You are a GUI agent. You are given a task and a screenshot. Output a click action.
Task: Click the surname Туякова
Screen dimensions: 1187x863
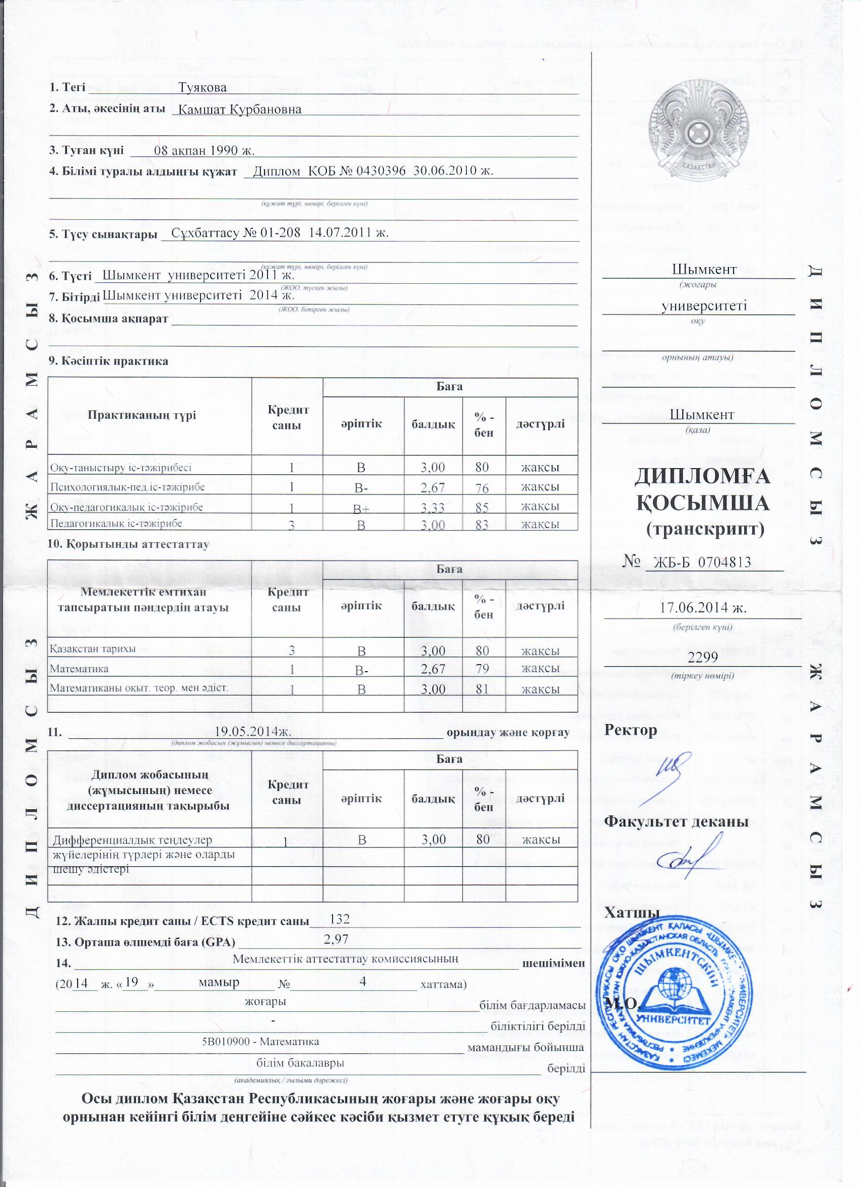pyautogui.click(x=202, y=87)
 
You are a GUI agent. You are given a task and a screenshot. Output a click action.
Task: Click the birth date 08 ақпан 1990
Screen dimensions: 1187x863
pyautogui.click(x=205, y=151)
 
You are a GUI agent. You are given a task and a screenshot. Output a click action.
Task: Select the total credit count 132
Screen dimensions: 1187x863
pyautogui.click(x=339, y=918)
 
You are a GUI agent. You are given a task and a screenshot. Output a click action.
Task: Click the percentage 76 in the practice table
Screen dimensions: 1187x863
pyautogui.click(x=482, y=488)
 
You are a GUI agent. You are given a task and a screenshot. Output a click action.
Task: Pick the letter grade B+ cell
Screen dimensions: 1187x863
pyautogui.click(x=361, y=508)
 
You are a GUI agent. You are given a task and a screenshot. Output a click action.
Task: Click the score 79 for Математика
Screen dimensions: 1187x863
pyautogui.click(x=482, y=669)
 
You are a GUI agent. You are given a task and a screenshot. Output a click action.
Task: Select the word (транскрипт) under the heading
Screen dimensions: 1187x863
pyautogui.click(x=705, y=529)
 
